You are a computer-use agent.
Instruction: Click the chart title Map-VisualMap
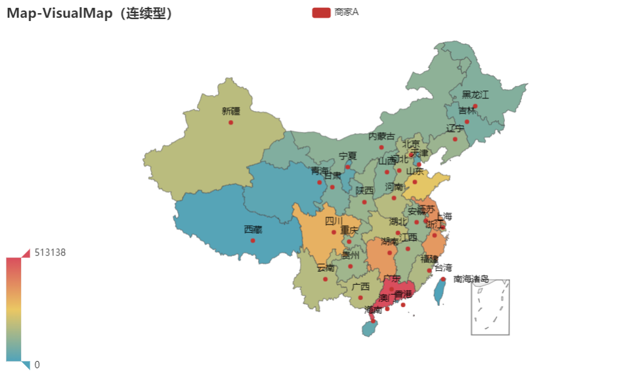tap(91, 12)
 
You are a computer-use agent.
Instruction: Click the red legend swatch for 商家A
tap(321, 12)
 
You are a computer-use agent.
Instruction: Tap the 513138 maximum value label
tap(50, 253)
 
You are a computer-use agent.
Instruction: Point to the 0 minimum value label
tap(37, 365)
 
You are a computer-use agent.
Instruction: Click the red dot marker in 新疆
tap(230, 123)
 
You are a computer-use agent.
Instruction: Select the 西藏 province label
tap(253, 230)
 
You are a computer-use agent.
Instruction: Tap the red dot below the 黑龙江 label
tap(475, 106)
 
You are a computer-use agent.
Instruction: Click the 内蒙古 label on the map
tap(381, 137)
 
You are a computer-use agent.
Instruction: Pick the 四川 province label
tap(334, 221)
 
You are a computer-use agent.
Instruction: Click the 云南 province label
tap(325, 268)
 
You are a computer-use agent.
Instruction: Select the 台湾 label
tap(443, 268)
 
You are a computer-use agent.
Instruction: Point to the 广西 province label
tap(360, 287)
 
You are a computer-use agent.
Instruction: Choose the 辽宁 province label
tap(455, 129)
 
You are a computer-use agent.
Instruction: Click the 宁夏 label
tap(347, 156)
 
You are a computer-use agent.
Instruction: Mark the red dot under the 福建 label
tap(429, 270)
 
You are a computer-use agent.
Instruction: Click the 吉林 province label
tap(467, 111)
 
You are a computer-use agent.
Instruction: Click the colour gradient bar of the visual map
tap(18, 308)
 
